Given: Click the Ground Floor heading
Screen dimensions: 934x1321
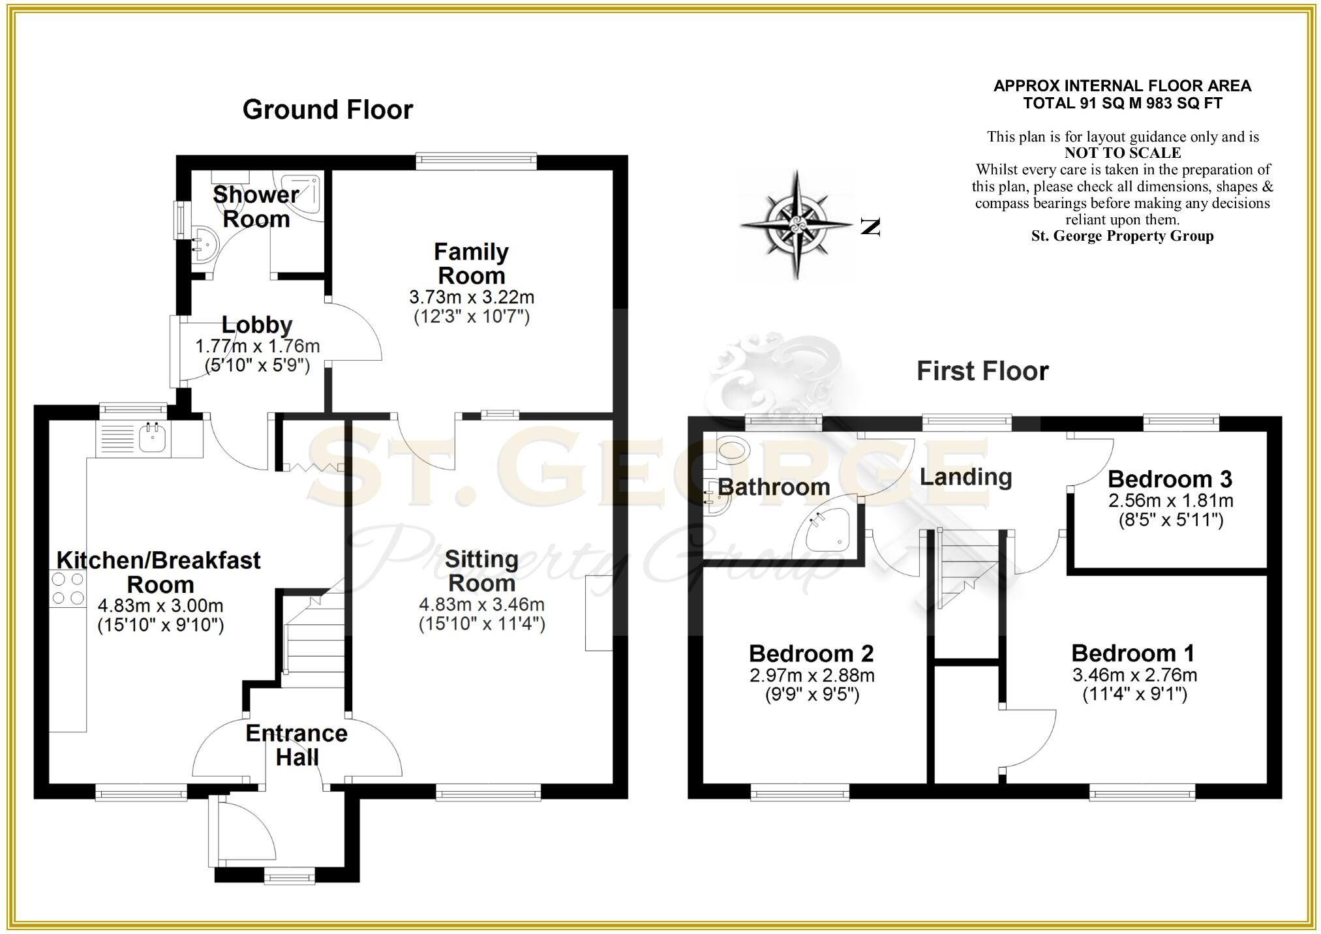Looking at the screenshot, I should point(327,110).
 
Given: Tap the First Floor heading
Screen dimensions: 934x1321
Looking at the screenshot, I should point(982,371).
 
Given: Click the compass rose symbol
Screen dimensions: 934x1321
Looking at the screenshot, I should point(797,225).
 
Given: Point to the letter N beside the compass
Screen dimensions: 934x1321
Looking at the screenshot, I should point(870,227).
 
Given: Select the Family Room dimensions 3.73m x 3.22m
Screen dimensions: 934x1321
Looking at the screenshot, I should point(472,297).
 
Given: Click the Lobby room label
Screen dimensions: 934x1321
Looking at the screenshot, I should point(257,325).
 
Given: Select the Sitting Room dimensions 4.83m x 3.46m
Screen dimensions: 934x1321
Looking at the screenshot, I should point(481,605).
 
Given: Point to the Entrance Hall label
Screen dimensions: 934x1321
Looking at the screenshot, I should point(297,745).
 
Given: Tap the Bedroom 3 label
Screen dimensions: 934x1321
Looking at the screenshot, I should point(1170,479).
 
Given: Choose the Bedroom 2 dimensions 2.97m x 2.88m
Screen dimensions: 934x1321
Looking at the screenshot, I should point(812,675).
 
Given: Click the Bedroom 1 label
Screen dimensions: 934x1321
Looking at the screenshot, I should point(1133,653).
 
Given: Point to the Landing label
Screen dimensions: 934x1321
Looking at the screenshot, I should point(965,477).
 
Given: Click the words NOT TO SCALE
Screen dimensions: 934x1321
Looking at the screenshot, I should point(1122,153).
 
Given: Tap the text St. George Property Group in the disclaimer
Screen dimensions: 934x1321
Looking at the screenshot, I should point(1122,236).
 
